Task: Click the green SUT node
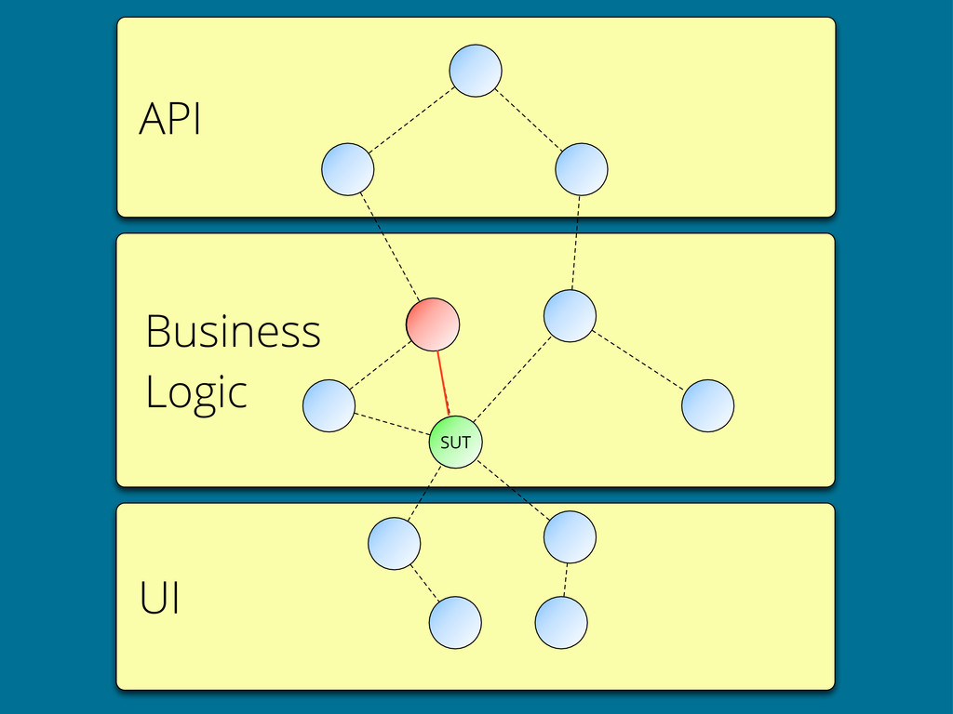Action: [455, 442]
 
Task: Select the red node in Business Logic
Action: [433, 324]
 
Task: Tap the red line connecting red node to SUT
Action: [443, 383]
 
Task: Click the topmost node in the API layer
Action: [476, 71]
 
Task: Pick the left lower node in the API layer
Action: [348, 169]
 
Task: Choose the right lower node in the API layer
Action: [581, 169]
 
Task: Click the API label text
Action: [169, 118]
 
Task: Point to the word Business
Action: [233, 331]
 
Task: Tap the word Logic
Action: [196, 392]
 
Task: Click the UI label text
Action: [159, 598]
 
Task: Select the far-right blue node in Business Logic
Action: [707, 405]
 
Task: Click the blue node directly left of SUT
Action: [329, 405]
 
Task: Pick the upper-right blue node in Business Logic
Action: [570, 316]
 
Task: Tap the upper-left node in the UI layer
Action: [394, 543]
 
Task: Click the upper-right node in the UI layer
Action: [570, 536]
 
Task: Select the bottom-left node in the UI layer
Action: [455, 622]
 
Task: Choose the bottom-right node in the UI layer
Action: [561, 622]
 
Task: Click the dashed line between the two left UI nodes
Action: [424, 583]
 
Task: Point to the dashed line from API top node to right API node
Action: [529, 120]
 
